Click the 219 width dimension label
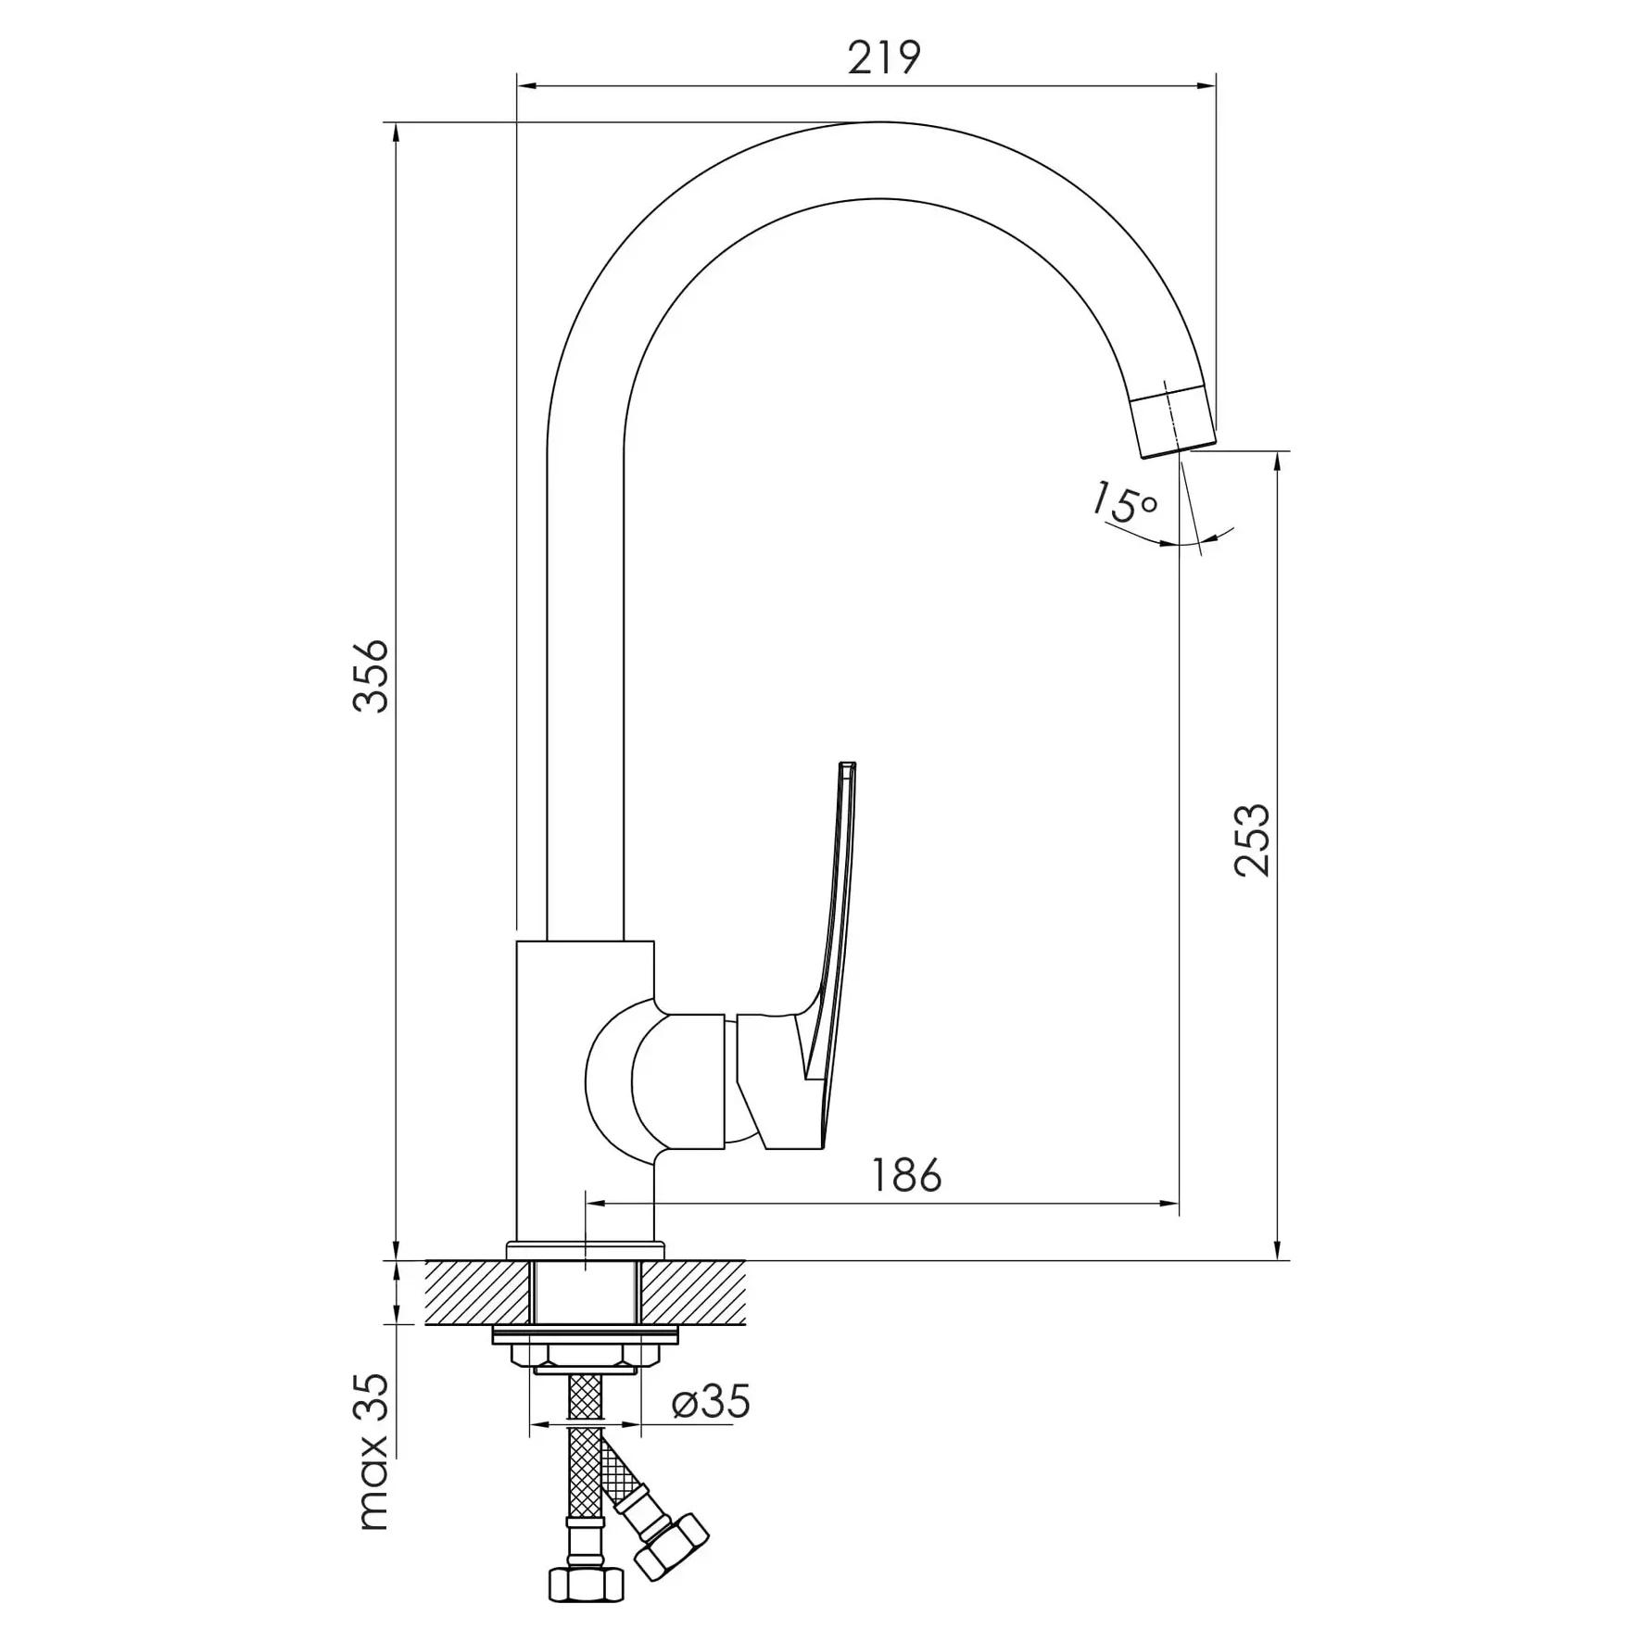click(x=884, y=57)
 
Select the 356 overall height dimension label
click(x=373, y=675)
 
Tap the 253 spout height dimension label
click(x=1253, y=840)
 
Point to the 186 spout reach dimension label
click(x=906, y=1176)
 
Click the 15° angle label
click(x=1123, y=503)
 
